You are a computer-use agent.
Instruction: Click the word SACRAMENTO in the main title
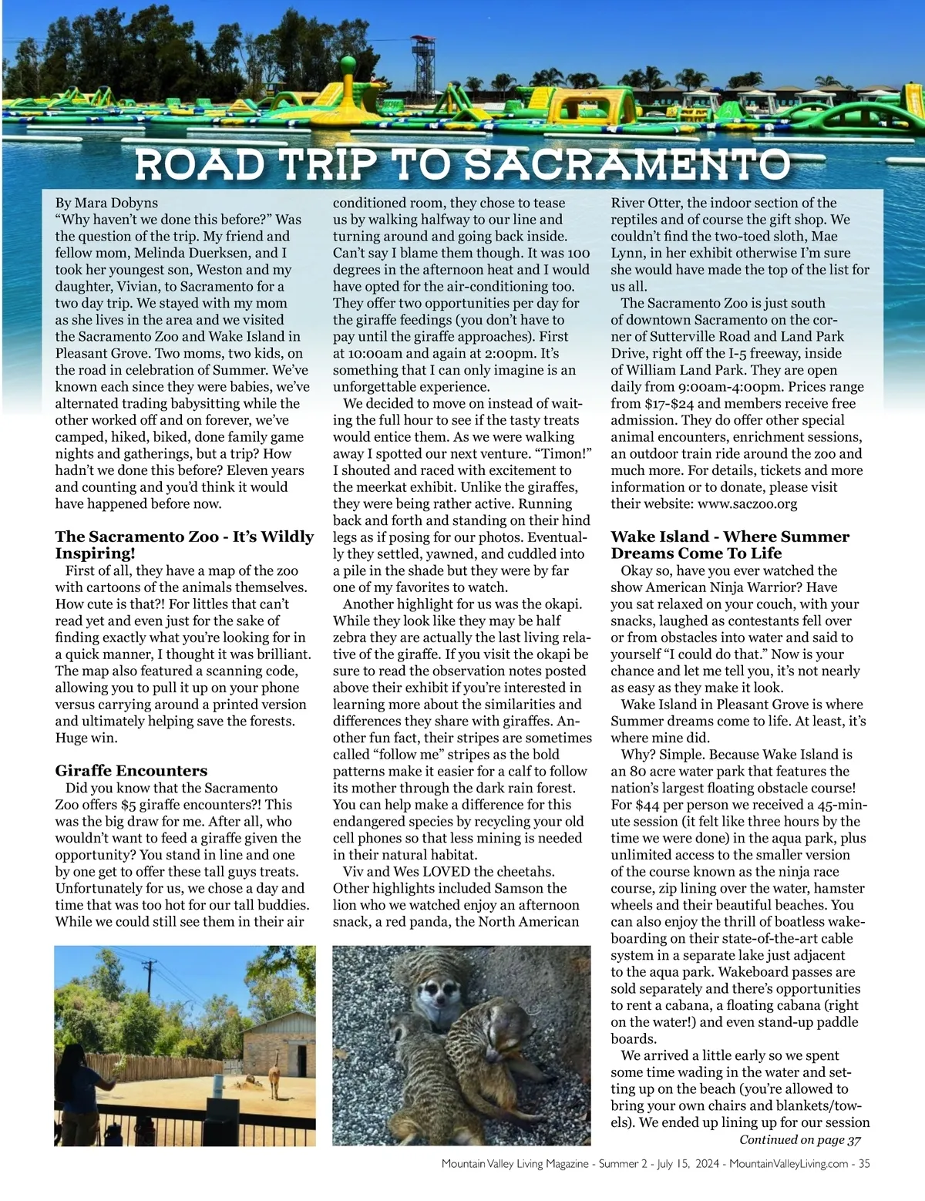[x=629, y=164]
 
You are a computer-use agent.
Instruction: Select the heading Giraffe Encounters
[x=131, y=770]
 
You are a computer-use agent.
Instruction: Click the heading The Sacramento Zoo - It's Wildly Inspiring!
[x=184, y=544]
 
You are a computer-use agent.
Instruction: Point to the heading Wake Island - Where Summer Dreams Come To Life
[x=729, y=544]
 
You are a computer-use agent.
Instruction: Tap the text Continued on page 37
[x=799, y=1139]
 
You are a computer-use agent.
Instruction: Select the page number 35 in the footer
[x=863, y=1164]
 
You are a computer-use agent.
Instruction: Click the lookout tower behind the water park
[x=421, y=57]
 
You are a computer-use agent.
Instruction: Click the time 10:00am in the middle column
[x=380, y=353]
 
